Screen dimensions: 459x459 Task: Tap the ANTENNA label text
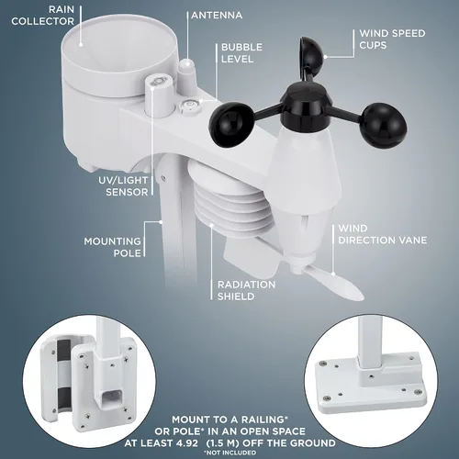(x=217, y=16)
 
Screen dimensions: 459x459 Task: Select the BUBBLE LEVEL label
(x=241, y=53)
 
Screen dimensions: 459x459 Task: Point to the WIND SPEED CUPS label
(x=392, y=39)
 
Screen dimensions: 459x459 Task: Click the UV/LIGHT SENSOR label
(x=123, y=186)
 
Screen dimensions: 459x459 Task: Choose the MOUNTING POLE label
(x=113, y=247)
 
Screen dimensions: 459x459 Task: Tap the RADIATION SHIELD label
(x=246, y=290)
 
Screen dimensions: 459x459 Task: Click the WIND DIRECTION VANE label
(x=383, y=234)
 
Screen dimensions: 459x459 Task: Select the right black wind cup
(x=383, y=125)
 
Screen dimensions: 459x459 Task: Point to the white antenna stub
(x=187, y=72)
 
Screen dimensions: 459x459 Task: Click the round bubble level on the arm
(x=189, y=107)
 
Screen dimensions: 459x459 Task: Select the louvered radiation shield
(x=229, y=199)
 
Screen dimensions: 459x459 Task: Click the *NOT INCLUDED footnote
(x=229, y=453)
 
